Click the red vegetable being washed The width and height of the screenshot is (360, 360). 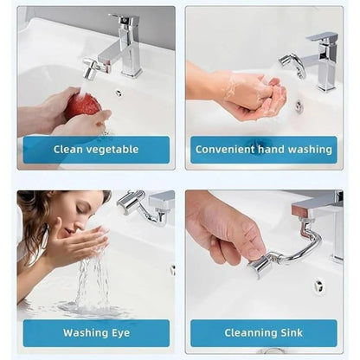[x=84, y=106]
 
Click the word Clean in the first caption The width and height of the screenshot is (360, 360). [x=69, y=149]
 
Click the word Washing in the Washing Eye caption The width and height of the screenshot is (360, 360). [x=84, y=332]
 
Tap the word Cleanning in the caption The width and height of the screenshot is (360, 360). [x=252, y=332]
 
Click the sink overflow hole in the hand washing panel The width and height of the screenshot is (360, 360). [x=299, y=106]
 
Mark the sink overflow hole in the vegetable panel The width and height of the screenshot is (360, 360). [x=119, y=93]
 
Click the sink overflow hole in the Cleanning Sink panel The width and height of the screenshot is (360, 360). [x=318, y=285]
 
